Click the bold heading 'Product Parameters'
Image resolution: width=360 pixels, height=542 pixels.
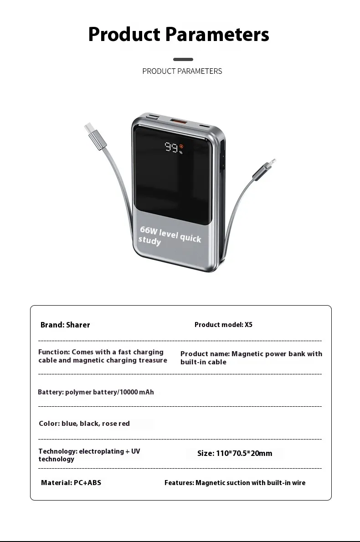pyautogui.click(x=179, y=35)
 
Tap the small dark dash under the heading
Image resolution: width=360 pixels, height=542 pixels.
pyautogui.click(x=183, y=59)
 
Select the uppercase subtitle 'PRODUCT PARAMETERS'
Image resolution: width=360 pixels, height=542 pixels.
pyautogui.click(x=182, y=71)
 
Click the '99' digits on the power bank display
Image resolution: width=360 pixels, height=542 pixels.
pyautogui.click(x=171, y=148)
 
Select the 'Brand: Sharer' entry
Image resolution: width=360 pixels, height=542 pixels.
pyautogui.click(x=65, y=325)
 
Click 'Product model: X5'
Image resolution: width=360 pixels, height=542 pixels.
pyautogui.click(x=223, y=325)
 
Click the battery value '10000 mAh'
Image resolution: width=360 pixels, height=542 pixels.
pyautogui.click(x=137, y=392)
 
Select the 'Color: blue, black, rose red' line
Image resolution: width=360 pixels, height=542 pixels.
pyautogui.click(x=84, y=424)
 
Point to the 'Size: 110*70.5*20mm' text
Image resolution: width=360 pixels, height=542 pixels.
pyautogui.click(x=235, y=453)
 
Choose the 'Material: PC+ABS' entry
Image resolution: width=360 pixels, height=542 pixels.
pyautogui.click(x=71, y=483)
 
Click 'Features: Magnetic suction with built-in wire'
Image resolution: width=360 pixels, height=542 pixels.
pyautogui.click(x=235, y=483)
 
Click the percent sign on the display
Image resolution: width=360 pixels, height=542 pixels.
pyautogui.click(x=180, y=153)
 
